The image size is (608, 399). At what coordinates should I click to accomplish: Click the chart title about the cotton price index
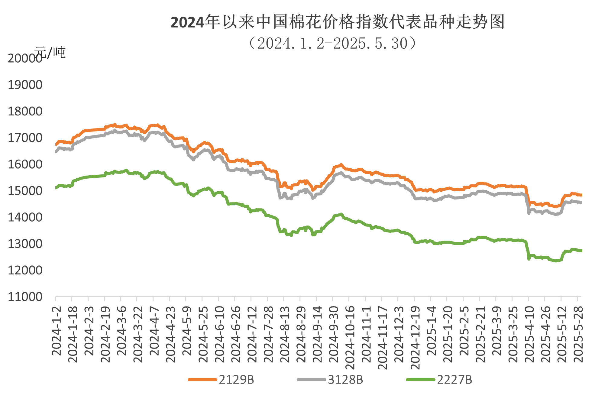click(338, 22)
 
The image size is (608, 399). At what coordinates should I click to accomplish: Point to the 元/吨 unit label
click(50, 53)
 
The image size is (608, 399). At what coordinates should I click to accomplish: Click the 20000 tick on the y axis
click(25, 58)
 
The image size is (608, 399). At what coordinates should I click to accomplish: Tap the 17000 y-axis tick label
click(25, 138)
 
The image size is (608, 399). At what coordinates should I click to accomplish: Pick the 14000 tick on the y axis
click(25, 217)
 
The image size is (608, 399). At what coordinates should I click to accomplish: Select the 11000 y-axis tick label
click(25, 297)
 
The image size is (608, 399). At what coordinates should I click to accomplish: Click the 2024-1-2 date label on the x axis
click(57, 331)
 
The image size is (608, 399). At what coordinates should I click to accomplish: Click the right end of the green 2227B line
click(581, 251)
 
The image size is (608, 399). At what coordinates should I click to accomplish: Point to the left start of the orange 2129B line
click(56, 144)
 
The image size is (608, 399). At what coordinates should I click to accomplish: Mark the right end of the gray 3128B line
click(581, 203)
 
